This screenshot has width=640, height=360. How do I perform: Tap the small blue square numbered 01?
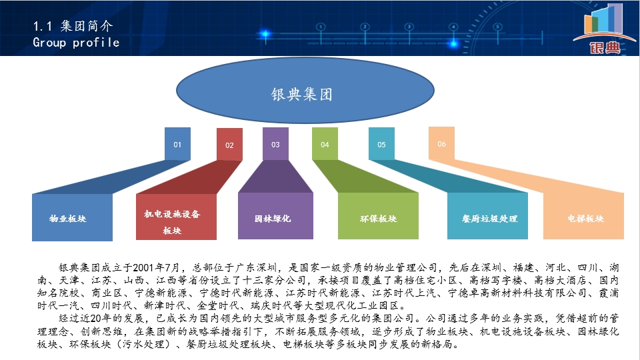click(177, 144)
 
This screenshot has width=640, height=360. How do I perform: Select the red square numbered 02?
click(229, 144)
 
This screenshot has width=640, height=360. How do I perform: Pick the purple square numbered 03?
click(275, 144)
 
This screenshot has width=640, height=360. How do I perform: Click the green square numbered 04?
click(325, 144)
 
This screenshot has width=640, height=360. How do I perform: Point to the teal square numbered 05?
click(381, 144)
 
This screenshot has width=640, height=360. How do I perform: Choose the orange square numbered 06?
click(441, 143)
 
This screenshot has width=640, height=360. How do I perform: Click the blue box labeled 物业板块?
click(72, 217)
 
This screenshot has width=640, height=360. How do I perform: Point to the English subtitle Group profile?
click(76, 43)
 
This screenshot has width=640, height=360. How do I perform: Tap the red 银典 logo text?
click(605, 47)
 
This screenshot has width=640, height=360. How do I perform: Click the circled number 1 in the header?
click(321, 27)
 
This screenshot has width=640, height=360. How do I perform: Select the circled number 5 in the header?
click(497, 27)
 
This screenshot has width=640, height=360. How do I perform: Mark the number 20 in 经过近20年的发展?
click(95, 319)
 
